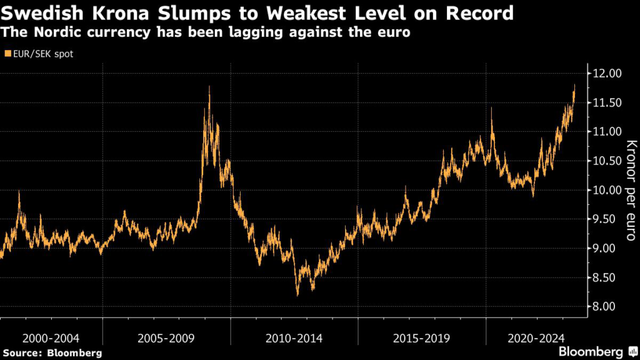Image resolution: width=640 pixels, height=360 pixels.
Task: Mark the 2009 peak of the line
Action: point(209,86)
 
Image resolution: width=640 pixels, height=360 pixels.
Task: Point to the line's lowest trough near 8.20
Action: point(297,295)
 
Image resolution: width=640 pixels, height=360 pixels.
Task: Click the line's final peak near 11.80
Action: point(574,85)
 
